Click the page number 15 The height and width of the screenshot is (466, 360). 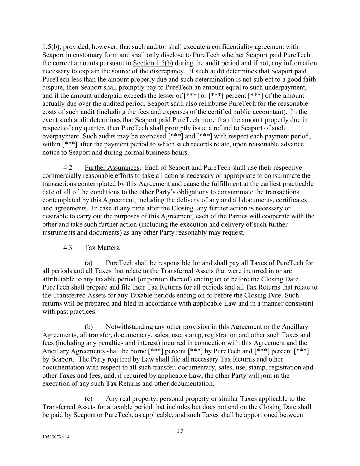[180, 430]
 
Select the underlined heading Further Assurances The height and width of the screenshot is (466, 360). [112, 168]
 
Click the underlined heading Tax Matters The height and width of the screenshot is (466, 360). [102, 248]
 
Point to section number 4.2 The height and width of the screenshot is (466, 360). [68, 168]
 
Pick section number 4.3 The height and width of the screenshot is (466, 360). [68, 248]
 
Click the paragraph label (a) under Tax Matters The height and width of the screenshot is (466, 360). [88, 263]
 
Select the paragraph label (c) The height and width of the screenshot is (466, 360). [88, 399]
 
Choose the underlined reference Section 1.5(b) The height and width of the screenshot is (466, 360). [153, 63]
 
